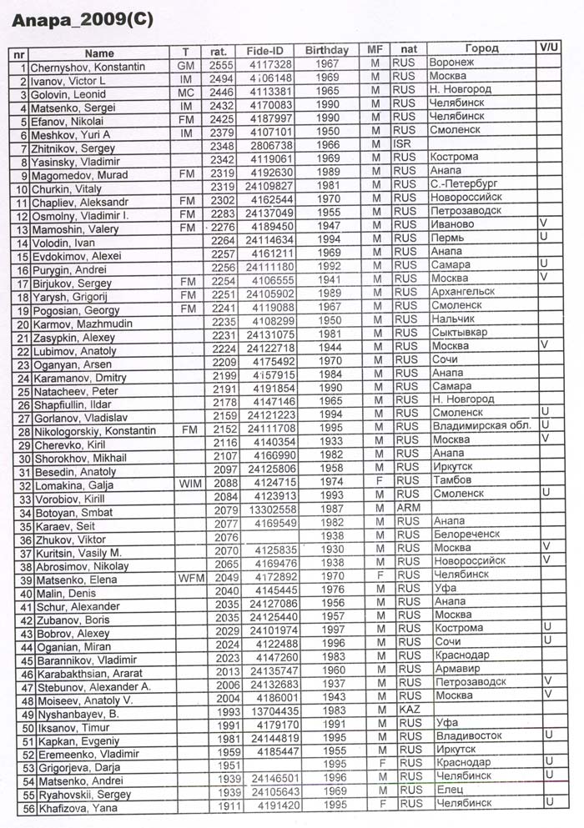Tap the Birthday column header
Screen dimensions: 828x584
(326, 50)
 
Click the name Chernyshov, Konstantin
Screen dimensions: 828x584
(88, 66)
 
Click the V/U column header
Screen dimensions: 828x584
(548, 48)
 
